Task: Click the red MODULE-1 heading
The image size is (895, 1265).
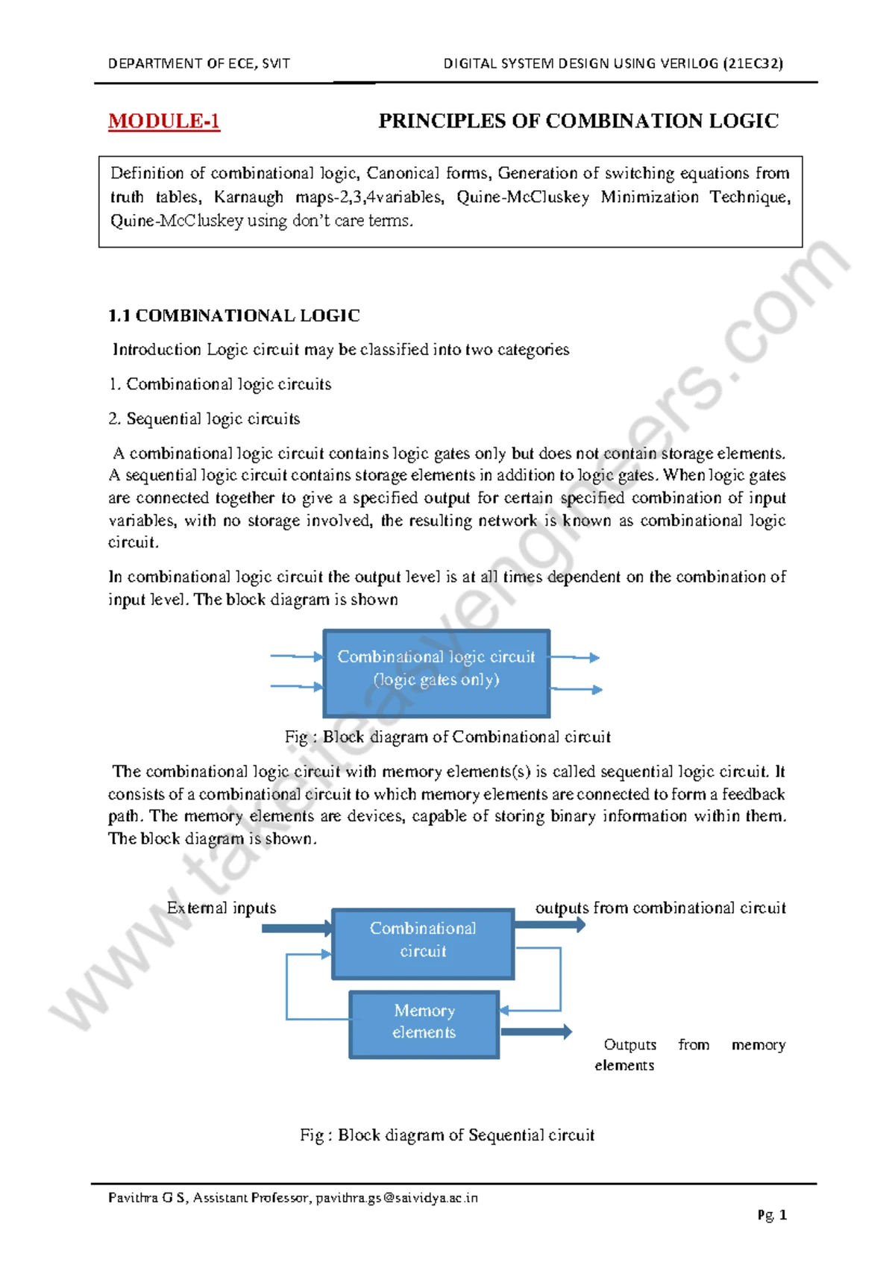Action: tap(164, 121)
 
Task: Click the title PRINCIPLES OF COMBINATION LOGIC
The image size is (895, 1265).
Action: tap(578, 121)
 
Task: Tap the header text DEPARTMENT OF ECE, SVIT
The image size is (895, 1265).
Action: tap(198, 63)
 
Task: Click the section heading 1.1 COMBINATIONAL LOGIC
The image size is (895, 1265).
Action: tap(234, 316)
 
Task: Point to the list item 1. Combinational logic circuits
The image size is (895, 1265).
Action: tap(220, 384)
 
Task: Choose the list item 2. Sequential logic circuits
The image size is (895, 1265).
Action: tap(204, 418)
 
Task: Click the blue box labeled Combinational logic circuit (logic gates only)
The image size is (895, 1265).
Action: tap(436, 673)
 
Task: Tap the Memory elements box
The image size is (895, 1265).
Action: tap(424, 1024)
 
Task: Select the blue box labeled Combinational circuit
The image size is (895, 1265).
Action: tap(423, 944)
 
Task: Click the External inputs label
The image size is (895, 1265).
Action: tap(222, 908)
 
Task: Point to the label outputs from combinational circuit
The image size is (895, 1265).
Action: tap(660, 908)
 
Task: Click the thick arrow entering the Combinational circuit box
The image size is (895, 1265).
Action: tap(297, 929)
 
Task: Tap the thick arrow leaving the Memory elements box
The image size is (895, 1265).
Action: tap(536, 1032)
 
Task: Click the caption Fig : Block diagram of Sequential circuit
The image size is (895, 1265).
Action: tap(447, 1134)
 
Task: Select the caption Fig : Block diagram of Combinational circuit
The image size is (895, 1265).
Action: tap(447, 737)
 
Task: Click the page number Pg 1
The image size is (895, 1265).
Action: tap(772, 1215)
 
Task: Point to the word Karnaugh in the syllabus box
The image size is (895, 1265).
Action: tap(248, 197)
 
